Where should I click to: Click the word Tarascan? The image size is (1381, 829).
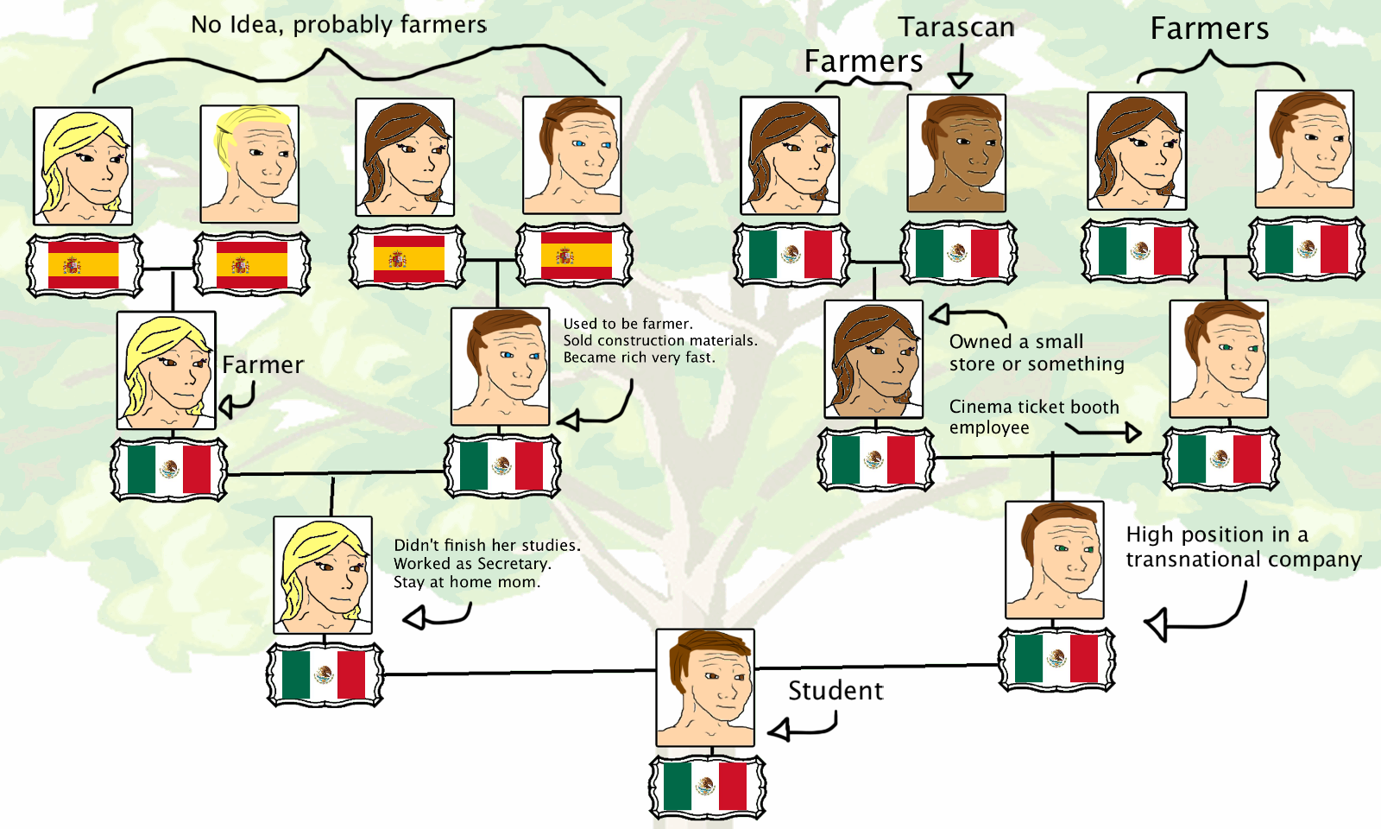tap(956, 28)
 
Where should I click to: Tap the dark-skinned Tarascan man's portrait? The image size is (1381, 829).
tap(956, 153)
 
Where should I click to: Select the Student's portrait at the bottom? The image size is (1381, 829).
tap(705, 687)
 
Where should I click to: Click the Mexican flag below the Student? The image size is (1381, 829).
tap(707, 787)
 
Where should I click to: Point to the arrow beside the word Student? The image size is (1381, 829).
tap(803, 727)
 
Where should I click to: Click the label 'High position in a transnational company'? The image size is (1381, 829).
tap(1243, 547)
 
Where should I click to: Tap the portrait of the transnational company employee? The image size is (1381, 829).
tap(1055, 560)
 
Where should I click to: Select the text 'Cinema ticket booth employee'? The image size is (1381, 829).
tap(1033, 416)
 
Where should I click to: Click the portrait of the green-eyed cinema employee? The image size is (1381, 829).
tap(1219, 359)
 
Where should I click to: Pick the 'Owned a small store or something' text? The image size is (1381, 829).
tap(1036, 352)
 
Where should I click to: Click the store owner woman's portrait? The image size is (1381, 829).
tap(873, 359)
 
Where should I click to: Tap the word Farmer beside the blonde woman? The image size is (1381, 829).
tap(262, 365)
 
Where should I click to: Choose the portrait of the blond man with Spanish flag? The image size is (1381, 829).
tap(249, 164)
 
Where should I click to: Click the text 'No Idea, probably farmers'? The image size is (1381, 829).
tap(338, 24)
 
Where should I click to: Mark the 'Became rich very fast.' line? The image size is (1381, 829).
tap(639, 358)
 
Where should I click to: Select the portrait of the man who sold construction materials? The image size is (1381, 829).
tap(500, 366)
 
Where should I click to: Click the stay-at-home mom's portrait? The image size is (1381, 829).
tap(323, 575)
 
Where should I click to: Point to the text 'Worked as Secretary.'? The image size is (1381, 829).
tap(472, 564)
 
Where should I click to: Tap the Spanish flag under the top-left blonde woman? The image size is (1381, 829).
tap(84, 265)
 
